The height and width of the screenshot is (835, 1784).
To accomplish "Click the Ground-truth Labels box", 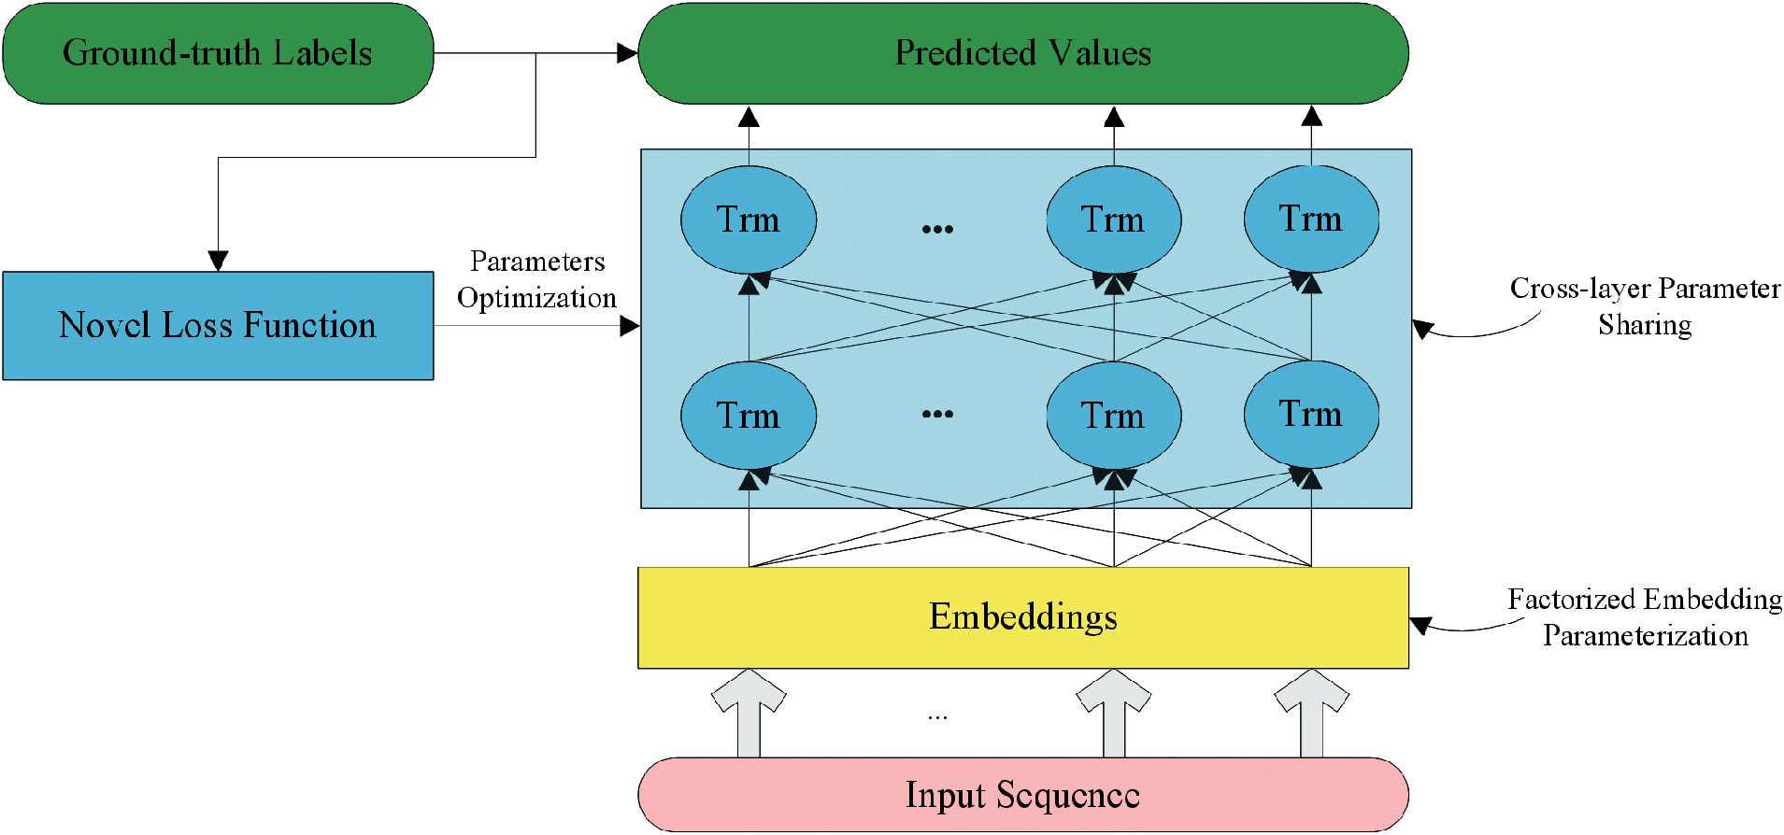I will point(218,53).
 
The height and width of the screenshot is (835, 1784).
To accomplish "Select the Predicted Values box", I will point(1022,53).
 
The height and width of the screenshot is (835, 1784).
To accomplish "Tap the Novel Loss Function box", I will point(218,325).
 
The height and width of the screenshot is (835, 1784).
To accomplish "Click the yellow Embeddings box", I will point(1022,617).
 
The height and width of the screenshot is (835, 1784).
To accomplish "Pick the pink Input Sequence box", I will point(1022,795).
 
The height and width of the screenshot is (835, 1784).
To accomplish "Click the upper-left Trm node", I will point(749,219).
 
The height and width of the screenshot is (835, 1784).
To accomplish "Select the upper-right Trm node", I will point(1311,219).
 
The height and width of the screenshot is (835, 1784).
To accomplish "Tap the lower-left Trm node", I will point(749,415).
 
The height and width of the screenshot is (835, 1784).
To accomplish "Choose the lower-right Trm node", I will point(1311,415).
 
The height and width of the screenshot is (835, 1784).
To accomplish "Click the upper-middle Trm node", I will point(1113,219).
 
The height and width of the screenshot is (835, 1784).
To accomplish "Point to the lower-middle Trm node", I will point(1113,415).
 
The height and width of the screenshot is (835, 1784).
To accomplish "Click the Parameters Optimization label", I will point(536,279).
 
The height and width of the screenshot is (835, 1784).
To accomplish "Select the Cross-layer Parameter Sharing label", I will point(1645,306).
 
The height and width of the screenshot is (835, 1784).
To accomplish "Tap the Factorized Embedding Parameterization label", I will point(1645,617).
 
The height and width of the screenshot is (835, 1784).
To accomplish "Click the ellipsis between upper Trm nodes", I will point(937,229).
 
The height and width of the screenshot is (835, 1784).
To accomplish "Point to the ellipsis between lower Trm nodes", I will point(937,414).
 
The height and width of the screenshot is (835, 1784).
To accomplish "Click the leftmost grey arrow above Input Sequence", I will point(749,711).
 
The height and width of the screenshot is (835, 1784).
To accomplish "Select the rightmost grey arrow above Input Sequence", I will point(1311,711).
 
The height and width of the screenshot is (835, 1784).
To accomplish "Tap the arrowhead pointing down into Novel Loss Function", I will point(218,261).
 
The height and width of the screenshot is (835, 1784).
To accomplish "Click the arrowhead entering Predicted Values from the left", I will point(627,53).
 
